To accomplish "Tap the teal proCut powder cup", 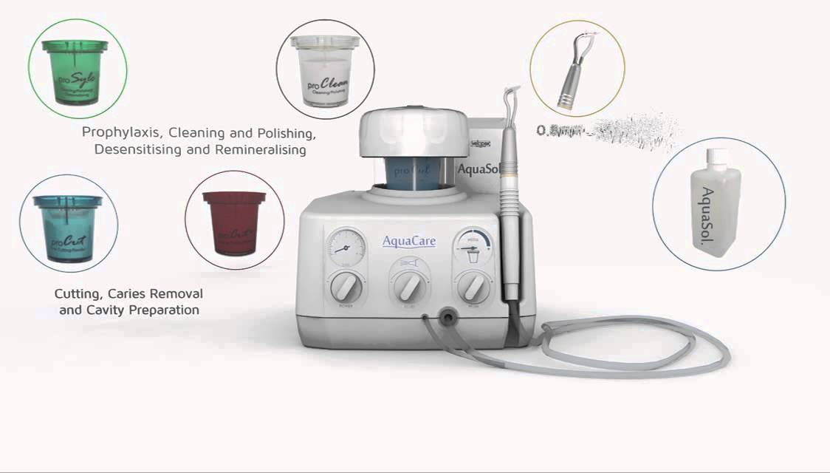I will point(69,226).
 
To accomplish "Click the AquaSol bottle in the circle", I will point(714,203).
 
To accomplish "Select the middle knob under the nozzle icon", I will point(408,285).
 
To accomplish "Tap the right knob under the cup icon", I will point(471,285).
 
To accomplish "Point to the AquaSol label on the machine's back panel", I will point(480,169).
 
